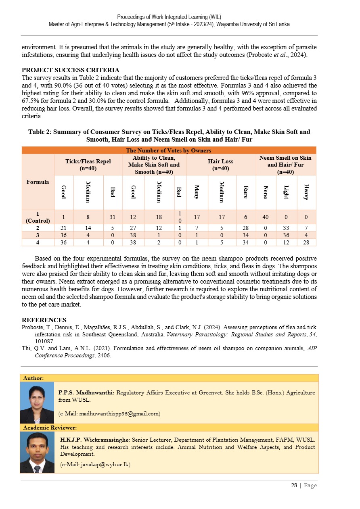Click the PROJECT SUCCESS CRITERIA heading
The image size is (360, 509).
70,70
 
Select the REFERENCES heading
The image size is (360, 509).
44,320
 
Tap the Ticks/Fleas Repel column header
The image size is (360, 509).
88,165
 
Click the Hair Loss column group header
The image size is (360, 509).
221,165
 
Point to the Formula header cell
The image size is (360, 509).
38,182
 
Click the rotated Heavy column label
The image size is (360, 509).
306,192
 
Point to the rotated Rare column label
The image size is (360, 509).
246,192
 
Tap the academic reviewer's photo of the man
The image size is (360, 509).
37,453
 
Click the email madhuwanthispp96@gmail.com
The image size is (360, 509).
109,414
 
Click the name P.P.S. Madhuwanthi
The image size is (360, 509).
86,392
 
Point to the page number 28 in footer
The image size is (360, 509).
294,486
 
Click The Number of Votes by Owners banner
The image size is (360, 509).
169,150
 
